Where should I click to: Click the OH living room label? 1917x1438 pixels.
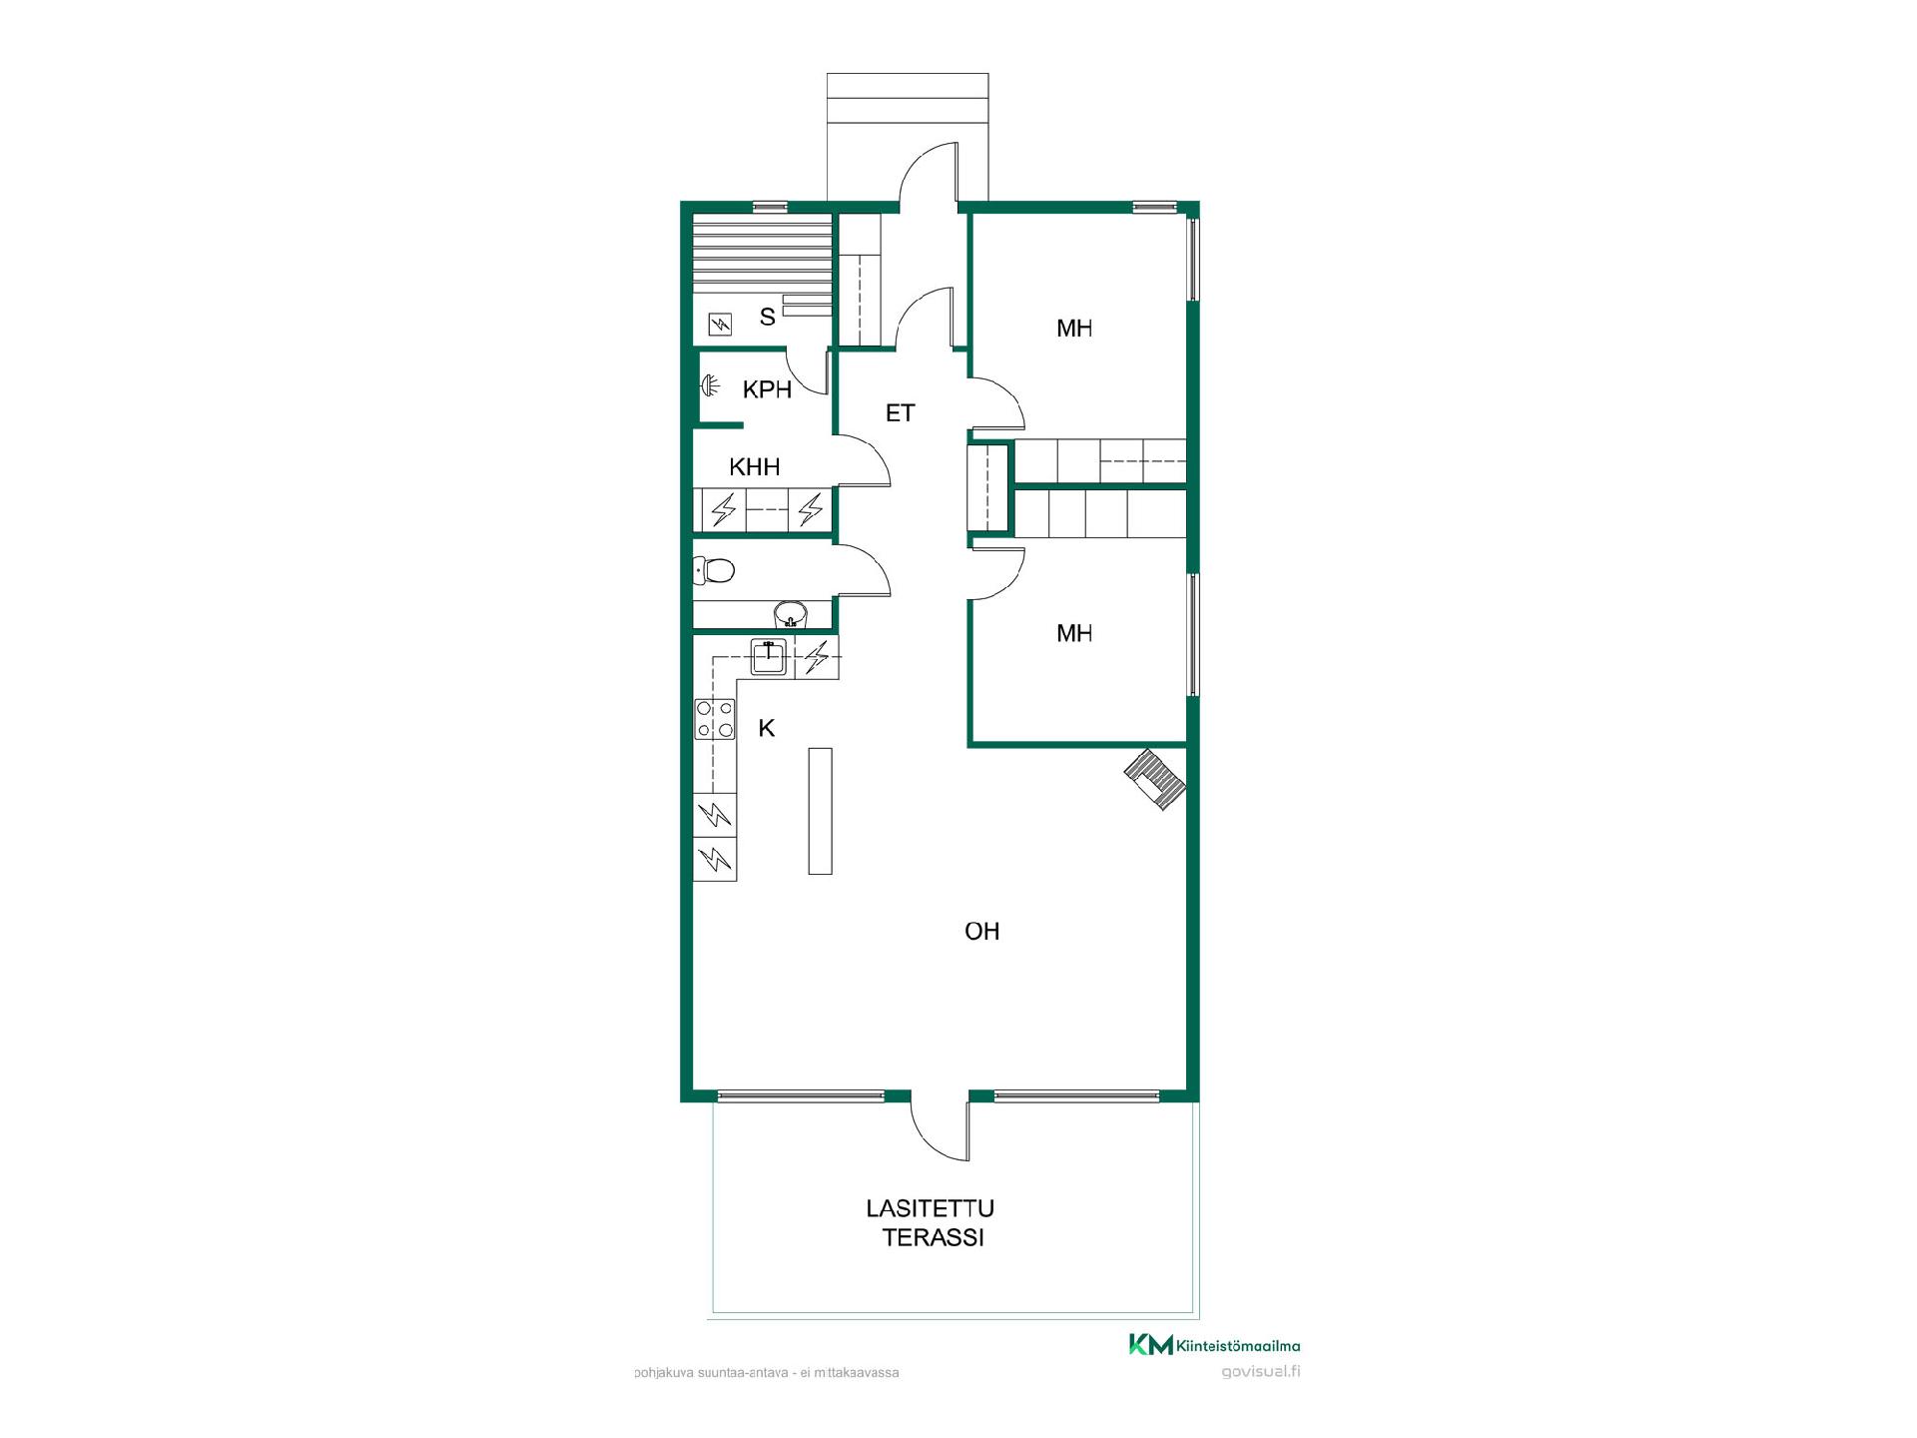pyautogui.click(x=981, y=931)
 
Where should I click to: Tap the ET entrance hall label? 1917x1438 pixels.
pyautogui.click(x=900, y=412)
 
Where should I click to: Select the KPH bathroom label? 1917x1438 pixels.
pyautogui.click(x=767, y=389)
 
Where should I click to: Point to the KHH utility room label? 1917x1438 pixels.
pyautogui.click(x=754, y=466)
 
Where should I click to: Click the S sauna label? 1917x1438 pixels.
pyautogui.click(x=767, y=317)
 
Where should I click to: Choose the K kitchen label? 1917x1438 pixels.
pyautogui.click(x=767, y=728)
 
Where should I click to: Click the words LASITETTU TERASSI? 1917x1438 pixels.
pyautogui.click(x=931, y=1222)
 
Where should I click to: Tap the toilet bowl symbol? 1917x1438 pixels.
pyautogui.click(x=715, y=570)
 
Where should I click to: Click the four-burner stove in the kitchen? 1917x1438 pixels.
pyautogui.click(x=715, y=719)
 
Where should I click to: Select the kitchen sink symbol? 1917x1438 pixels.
pyautogui.click(x=769, y=656)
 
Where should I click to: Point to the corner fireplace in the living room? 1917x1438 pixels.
pyautogui.click(x=1155, y=779)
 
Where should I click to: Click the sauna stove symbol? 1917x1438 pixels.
pyautogui.click(x=720, y=325)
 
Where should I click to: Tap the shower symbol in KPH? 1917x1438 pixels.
pyautogui.click(x=710, y=383)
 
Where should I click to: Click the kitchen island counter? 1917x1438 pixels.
pyautogui.click(x=820, y=811)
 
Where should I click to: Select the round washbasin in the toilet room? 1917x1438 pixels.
pyautogui.click(x=791, y=612)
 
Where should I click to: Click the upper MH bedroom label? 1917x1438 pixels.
pyautogui.click(x=1074, y=328)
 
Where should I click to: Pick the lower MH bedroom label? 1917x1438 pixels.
pyautogui.click(x=1074, y=632)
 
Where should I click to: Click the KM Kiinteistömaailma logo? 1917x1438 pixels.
pyautogui.click(x=1214, y=1345)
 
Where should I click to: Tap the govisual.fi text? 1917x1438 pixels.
pyautogui.click(x=1261, y=1371)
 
